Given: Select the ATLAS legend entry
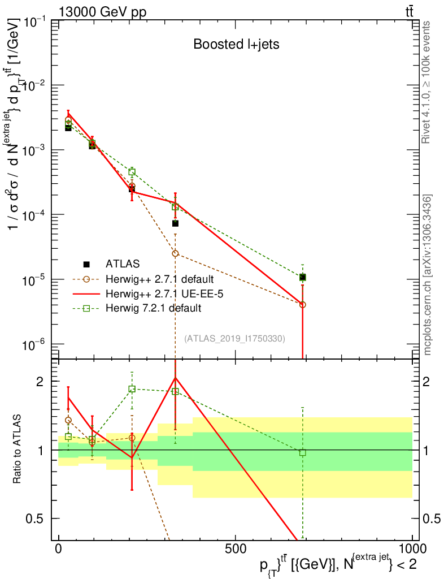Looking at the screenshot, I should tap(121, 264).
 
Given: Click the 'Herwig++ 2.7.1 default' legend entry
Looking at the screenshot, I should tap(158, 279).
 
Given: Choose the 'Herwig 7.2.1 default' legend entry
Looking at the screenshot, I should tap(153, 308).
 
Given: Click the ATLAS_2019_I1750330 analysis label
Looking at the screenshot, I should tap(234, 338).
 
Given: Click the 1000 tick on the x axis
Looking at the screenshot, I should tap(412, 550).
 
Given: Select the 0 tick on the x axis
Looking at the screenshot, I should tap(58, 550).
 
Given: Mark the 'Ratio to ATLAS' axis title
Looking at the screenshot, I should tap(17, 450).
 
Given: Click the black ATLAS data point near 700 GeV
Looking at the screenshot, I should tap(303, 278).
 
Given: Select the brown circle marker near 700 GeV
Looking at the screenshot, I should tap(303, 305).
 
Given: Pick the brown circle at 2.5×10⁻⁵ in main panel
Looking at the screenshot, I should tap(175, 253).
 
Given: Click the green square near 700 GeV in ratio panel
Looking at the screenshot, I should tap(303, 452).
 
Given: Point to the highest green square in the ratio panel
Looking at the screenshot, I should tap(132, 389).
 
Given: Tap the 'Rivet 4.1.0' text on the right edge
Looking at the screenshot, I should tap(428, 82).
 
